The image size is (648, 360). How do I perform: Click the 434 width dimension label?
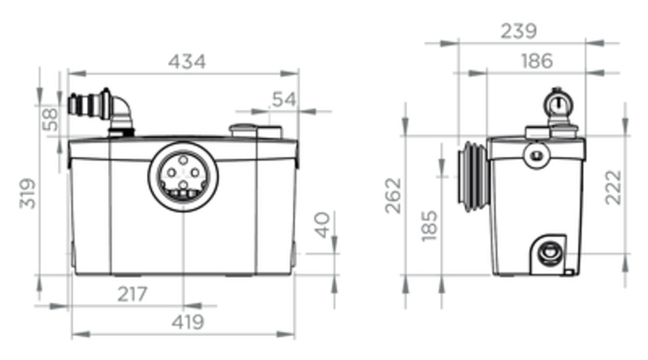pyautogui.click(x=186, y=62)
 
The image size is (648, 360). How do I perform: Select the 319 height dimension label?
pyautogui.click(x=27, y=194)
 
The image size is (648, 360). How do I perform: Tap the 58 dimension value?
pyautogui.click(x=50, y=120)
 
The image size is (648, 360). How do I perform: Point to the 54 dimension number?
pyautogui.click(x=284, y=99)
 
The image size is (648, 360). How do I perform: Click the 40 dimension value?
pyautogui.click(x=323, y=225)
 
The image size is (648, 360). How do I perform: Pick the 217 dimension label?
pyautogui.click(x=132, y=294)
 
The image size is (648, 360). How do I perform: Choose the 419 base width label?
pyautogui.click(x=188, y=322)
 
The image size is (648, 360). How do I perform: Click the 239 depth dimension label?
pyautogui.click(x=518, y=31)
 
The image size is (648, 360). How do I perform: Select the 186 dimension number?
pyautogui.click(x=537, y=61)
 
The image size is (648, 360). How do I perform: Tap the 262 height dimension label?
pyautogui.click(x=393, y=196)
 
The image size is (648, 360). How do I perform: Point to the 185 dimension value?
pyautogui.click(x=429, y=225)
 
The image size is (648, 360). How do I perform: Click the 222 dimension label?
pyautogui.click(x=613, y=187)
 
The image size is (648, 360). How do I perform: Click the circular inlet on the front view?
pyautogui.click(x=183, y=176)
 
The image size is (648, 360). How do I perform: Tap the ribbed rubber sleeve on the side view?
pyautogui.click(x=473, y=176)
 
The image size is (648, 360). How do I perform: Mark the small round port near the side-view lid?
pyautogui.click(x=537, y=156)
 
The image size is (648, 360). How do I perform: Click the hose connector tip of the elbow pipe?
pyautogui.click(x=73, y=104)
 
